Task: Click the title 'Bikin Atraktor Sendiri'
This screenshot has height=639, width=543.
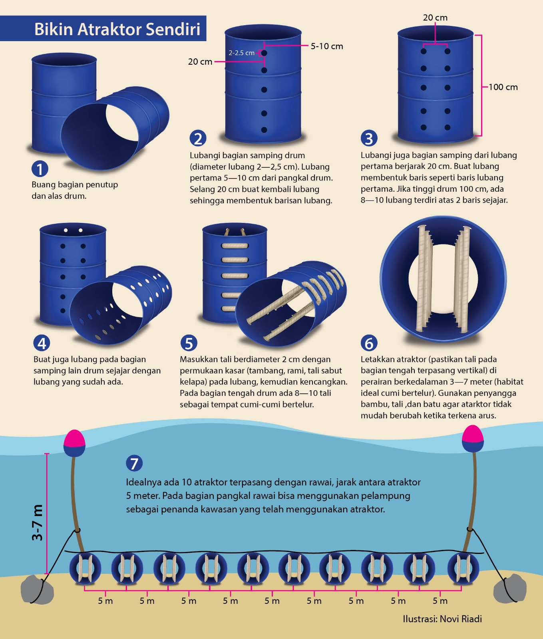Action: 117,29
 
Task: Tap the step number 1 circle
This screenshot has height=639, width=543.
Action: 40,169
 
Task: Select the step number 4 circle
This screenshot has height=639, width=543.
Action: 42,343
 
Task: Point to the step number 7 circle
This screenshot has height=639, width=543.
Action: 134,463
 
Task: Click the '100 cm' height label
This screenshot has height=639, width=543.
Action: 503,87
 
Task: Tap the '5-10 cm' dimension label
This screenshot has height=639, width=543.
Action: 327,46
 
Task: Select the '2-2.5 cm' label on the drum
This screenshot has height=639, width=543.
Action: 241,53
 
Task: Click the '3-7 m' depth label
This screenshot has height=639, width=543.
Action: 37,523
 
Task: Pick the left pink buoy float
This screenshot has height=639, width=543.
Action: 74,443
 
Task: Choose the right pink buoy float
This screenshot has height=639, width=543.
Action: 473,439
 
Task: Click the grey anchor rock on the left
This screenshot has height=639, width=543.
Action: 37,589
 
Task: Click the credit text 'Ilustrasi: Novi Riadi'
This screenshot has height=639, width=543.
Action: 442,619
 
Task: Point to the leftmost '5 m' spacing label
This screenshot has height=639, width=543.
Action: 105,601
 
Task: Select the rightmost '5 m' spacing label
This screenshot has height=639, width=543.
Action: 440,601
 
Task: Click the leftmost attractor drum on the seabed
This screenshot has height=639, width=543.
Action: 85,568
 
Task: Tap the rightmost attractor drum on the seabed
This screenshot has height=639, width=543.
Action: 463,568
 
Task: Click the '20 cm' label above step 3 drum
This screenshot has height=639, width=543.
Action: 435,18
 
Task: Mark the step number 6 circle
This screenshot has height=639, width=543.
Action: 369,343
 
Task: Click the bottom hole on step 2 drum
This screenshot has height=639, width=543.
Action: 264,130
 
